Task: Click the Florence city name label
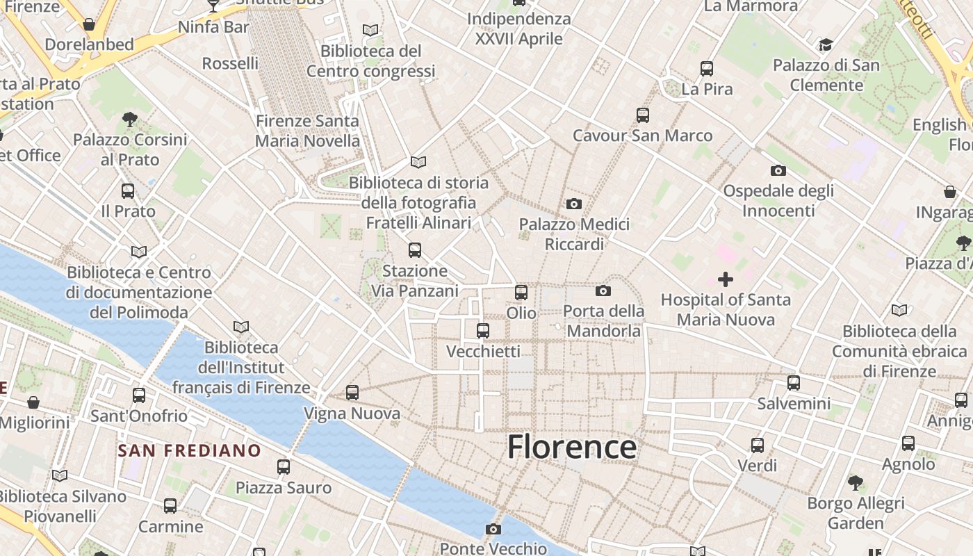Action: tap(571, 447)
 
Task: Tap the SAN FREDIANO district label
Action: tap(189, 450)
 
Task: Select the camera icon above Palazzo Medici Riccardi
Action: tap(573, 204)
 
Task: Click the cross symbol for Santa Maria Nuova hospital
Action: tap(725, 279)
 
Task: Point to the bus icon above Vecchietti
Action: tap(483, 331)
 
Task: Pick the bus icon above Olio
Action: tap(521, 293)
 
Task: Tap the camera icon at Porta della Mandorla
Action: tap(603, 291)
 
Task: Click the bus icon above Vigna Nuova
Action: tap(352, 393)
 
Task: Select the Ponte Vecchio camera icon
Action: tap(493, 530)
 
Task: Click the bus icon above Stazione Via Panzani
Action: tap(415, 250)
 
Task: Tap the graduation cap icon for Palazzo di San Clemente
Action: tap(826, 45)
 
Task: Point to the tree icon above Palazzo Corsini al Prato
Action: tap(129, 119)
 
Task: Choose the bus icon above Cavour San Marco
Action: tap(643, 115)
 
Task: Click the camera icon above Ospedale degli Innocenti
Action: tap(778, 170)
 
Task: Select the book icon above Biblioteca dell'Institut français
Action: tap(241, 327)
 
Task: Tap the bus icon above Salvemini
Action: tap(794, 383)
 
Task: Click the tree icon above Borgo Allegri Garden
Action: tap(856, 482)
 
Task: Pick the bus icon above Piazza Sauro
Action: tap(284, 467)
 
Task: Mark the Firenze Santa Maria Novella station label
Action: tap(307, 131)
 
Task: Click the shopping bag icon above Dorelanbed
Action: tap(89, 24)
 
